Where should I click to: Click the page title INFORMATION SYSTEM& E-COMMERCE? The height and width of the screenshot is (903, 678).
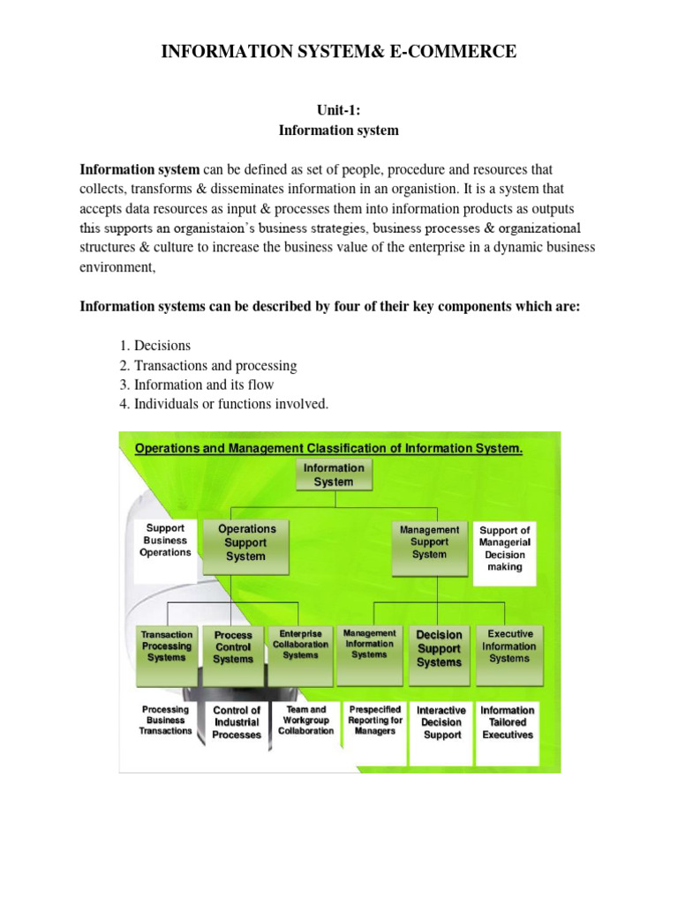[x=339, y=53]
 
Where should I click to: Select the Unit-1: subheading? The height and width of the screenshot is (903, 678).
[x=339, y=110]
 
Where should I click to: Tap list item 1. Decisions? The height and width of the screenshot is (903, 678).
[x=161, y=346]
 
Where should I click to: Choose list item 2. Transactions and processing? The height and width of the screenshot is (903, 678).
[x=215, y=365]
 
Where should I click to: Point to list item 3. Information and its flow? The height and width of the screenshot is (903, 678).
[x=203, y=384]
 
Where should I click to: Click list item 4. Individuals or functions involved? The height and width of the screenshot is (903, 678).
[x=230, y=404]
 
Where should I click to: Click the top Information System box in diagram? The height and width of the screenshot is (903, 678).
[x=334, y=475]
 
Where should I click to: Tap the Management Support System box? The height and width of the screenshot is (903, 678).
[x=429, y=542]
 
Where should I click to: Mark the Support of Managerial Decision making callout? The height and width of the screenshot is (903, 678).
[x=505, y=549]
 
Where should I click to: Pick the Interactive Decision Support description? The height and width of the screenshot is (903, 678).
[x=441, y=722]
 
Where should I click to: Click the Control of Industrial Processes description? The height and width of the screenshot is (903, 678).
[x=237, y=722]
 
